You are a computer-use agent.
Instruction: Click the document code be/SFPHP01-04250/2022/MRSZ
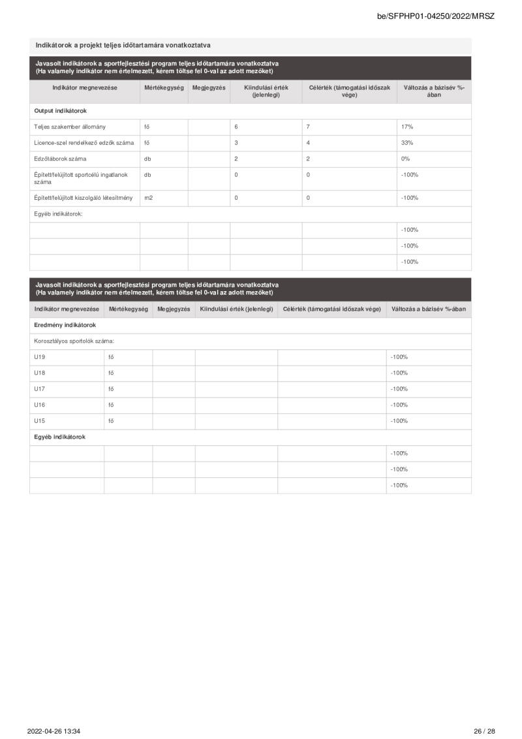(435, 16)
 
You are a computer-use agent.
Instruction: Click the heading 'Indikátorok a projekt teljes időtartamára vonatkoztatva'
(123, 45)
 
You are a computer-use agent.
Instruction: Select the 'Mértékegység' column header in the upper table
(164, 87)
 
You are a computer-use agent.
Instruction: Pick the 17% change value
(407, 127)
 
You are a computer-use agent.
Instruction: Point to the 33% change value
(407, 143)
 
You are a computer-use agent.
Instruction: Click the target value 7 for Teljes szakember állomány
(308, 127)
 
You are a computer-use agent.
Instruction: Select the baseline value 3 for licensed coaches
(236, 143)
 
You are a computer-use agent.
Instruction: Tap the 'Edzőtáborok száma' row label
(60, 159)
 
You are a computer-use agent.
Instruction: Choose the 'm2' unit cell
(148, 198)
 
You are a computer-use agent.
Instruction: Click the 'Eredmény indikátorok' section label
(65, 324)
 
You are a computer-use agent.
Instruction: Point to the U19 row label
(40, 357)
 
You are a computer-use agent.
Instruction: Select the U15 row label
(40, 421)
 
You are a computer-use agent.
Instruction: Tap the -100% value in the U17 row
(399, 389)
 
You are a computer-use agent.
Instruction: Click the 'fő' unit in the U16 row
(111, 405)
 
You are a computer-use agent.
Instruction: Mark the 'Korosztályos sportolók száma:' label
(74, 341)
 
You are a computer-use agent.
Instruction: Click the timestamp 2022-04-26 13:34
(58, 731)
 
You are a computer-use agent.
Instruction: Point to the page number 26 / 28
(484, 731)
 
